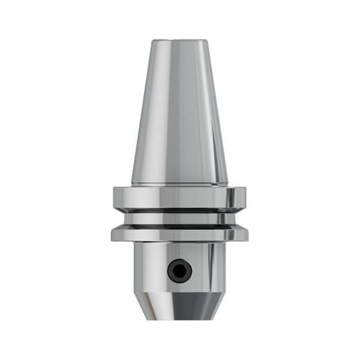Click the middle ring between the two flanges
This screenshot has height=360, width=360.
click(180, 216)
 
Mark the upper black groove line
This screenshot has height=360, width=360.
click(180, 209)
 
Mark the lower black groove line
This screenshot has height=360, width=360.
click(180, 224)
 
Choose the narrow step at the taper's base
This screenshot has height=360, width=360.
click(180, 184)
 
